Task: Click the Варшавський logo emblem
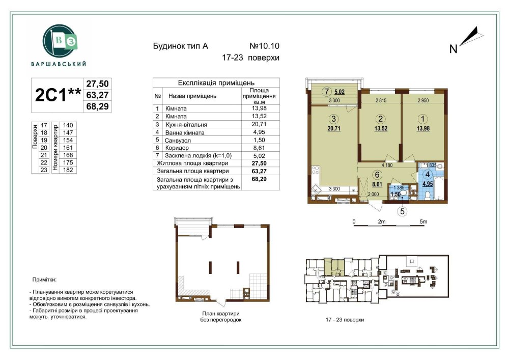(60, 41)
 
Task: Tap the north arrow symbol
(471, 36)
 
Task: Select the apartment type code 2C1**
(58, 95)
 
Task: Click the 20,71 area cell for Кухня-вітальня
(259, 124)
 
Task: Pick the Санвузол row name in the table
(178, 140)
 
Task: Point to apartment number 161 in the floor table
(68, 148)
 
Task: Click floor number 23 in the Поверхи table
(43, 170)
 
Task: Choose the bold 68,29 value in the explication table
(259, 179)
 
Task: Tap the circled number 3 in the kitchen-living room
(333, 119)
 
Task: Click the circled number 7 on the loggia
(327, 92)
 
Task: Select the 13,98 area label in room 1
(423, 128)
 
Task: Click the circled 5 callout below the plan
(402, 212)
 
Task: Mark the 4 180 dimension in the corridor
(387, 165)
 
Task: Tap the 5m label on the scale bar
(423, 221)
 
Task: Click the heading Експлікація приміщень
(216, 83)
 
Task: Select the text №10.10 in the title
(264, 46)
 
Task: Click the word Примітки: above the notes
(44, 280)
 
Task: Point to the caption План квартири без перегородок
(221, 317)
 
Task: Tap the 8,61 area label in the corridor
(377, 184)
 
